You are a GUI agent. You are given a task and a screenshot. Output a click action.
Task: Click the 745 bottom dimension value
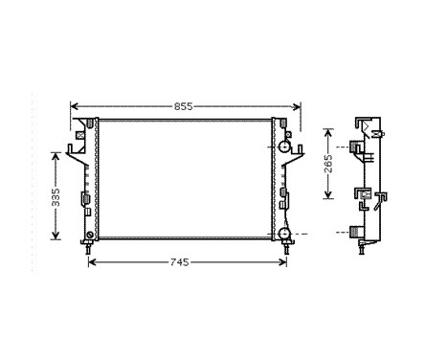click(185, 261)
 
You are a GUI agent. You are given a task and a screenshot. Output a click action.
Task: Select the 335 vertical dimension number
click(56, 196)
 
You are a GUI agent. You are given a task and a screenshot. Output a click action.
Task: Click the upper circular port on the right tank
click(284, 146)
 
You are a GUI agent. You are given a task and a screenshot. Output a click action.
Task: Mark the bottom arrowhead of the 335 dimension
click(56, 238)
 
